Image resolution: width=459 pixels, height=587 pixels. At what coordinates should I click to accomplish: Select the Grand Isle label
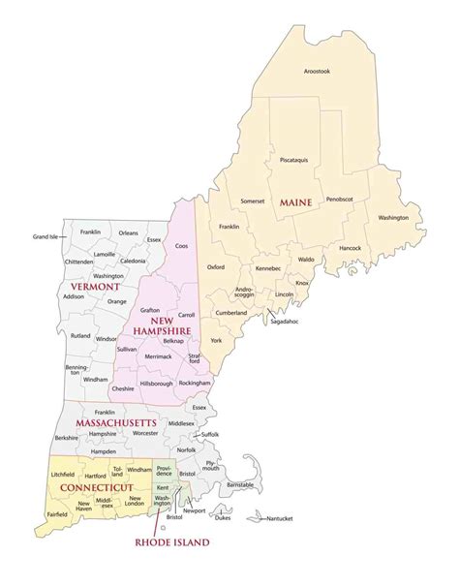46,236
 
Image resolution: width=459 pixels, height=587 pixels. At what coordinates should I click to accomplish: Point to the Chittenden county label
51,261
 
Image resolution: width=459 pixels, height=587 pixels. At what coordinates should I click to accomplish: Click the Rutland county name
81,335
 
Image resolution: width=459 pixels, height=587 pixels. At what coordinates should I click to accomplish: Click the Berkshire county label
66,438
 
